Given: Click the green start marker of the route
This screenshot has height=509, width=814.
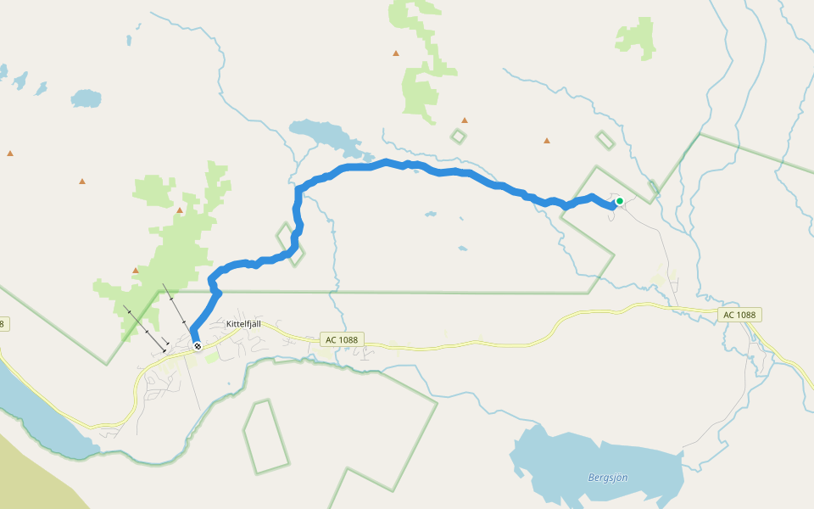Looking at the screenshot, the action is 620,201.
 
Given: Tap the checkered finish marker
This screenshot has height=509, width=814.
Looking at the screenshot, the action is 198,346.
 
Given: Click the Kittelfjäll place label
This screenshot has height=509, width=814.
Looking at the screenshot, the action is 246,325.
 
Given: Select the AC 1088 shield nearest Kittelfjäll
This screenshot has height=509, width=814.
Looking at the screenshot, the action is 343,339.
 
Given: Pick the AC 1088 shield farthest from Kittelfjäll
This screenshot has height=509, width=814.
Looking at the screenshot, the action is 740,315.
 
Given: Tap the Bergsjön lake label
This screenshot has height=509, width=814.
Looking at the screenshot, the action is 608,478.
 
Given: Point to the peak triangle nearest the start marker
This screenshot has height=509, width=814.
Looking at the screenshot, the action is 547,140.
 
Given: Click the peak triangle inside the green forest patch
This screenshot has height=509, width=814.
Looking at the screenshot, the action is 180,210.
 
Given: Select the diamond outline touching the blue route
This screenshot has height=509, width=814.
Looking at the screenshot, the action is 290,243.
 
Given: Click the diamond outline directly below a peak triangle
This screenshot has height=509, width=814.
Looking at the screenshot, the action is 458,136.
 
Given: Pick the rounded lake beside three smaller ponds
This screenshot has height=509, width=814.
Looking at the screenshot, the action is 86,98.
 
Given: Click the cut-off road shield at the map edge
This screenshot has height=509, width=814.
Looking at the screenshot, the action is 3,324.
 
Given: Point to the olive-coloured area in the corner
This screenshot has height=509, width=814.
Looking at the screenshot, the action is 25,475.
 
